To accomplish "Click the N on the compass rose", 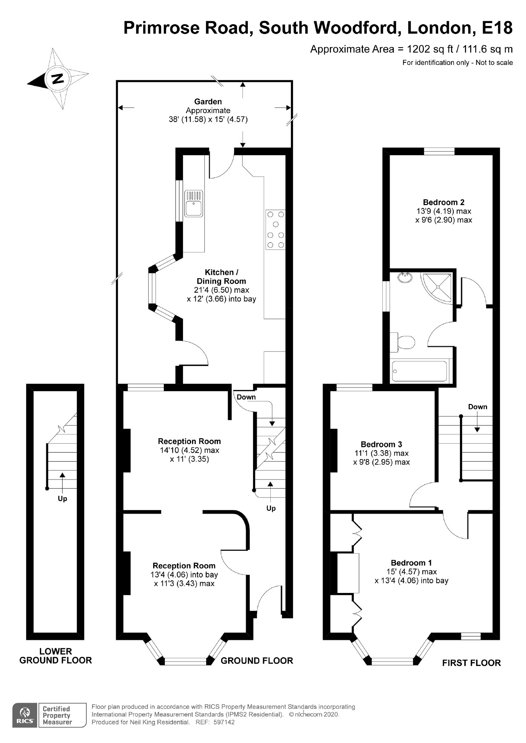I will tap(57, 79).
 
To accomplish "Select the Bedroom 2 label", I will tap(443, 202).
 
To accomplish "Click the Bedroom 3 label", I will tap(381, 444).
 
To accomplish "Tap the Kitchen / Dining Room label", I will tap(221, 277).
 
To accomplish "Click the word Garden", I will tap(208, 102).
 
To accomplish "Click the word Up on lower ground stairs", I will tap(62, 499).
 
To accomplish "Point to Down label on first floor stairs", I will tap(478, 407).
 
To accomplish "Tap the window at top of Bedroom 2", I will tap(439, 151).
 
